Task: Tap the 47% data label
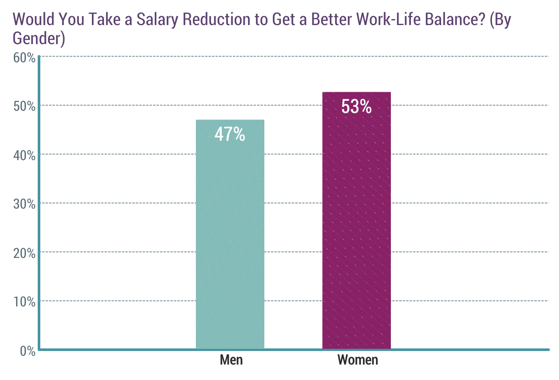coord(230,135)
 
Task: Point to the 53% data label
coord(357,107)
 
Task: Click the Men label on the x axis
coord(231,360)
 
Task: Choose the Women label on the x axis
coord(358,360)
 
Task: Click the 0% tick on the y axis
coord(28,351)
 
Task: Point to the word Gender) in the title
coord(39,39)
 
